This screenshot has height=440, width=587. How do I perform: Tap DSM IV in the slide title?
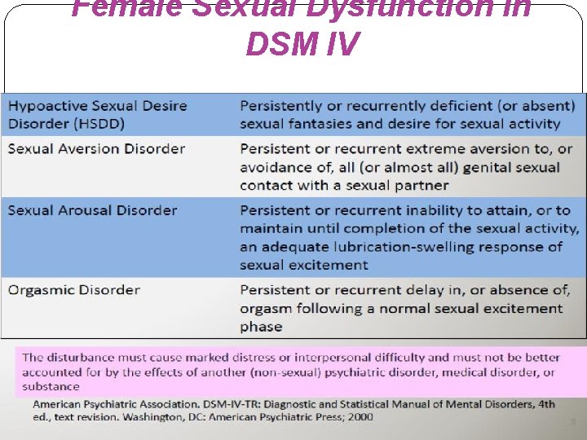coord(302,44)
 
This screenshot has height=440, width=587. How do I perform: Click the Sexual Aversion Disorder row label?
coord(96,148)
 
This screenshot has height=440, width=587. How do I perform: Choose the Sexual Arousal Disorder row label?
coord(92,210)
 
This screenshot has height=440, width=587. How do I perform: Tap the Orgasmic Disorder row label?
coord(73,290)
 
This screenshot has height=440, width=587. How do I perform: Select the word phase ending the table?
coord(261,327)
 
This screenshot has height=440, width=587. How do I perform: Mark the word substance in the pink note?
coord(51,386)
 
